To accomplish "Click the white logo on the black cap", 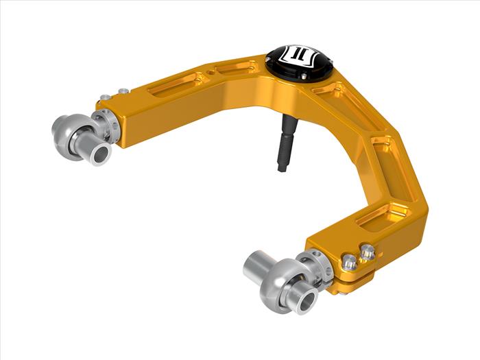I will coord(298,54).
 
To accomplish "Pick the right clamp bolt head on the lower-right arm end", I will coord(368,252).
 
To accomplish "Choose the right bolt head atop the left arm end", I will coord(123,91).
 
